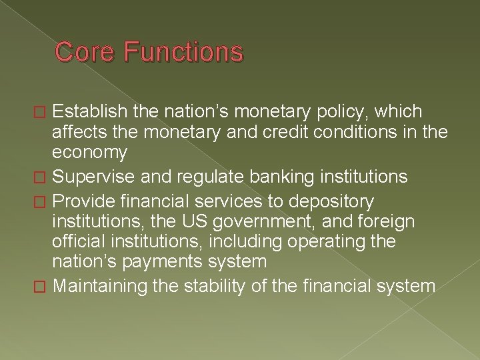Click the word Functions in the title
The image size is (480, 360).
pos(183,51)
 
